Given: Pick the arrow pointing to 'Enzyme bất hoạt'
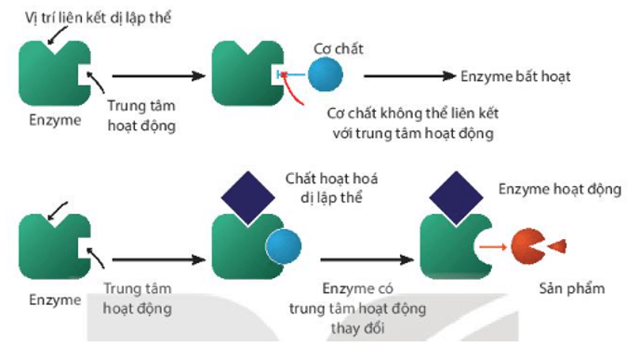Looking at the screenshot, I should click(409, 75).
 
